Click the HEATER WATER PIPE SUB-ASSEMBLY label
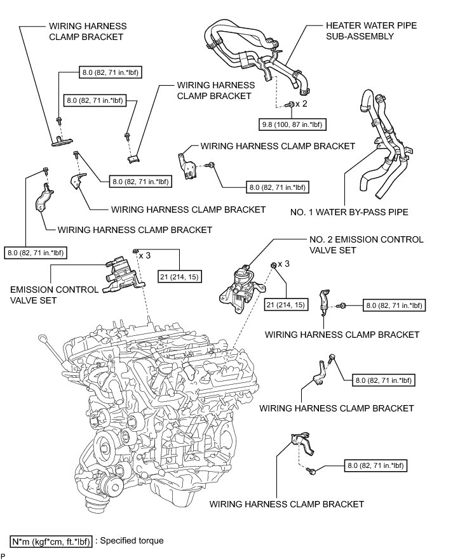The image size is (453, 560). pos(371,30)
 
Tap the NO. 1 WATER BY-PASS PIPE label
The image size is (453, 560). pos(349,212)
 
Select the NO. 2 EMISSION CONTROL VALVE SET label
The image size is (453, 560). pos(366,244)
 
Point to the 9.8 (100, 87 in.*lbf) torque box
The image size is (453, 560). pos(292,124)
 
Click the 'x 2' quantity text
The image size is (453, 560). pos(301,104)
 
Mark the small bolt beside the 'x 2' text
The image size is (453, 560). pos(290,104)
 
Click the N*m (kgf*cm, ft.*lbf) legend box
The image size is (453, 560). pos(51,542)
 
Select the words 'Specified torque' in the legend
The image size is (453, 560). pos(132,541)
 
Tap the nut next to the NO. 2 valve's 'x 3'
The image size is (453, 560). pos(273,265)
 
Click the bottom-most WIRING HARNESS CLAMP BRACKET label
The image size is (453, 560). pos(287,504)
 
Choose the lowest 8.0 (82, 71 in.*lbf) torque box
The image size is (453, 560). pos(376,465)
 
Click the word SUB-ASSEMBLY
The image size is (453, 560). pos(360,36)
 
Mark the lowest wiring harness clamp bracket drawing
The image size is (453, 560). pos(303,444)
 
